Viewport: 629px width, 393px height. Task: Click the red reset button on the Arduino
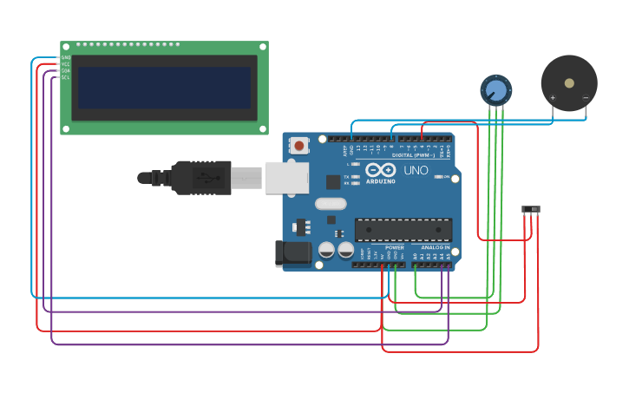pos(299,146)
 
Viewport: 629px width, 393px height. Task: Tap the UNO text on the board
pos(416,171)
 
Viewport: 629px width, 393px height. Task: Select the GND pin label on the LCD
pos(65,57)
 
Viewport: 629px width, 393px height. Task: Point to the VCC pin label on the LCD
pos(65,64)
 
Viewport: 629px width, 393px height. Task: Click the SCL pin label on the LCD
pos(65,78)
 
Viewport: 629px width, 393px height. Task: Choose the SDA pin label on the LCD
pos(65,71)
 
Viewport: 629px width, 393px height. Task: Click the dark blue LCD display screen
pos(164,88)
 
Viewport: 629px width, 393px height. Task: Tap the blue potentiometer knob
pos(495,89)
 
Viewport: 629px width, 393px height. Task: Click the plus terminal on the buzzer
pos(553,98)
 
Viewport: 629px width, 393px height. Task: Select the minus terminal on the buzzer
pos(586,98)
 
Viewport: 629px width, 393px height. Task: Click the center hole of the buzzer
pos(569,83)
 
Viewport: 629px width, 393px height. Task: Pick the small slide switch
pos(531,209)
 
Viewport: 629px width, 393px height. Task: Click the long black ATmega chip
pos(403,229)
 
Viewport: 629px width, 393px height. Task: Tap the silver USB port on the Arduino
pos(286,177)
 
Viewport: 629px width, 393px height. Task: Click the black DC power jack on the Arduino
pos(292,252)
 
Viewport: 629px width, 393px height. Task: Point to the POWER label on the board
pos(395,247)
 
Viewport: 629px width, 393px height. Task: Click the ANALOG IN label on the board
pos(436,247)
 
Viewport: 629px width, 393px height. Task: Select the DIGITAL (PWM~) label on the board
pos(414,155)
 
